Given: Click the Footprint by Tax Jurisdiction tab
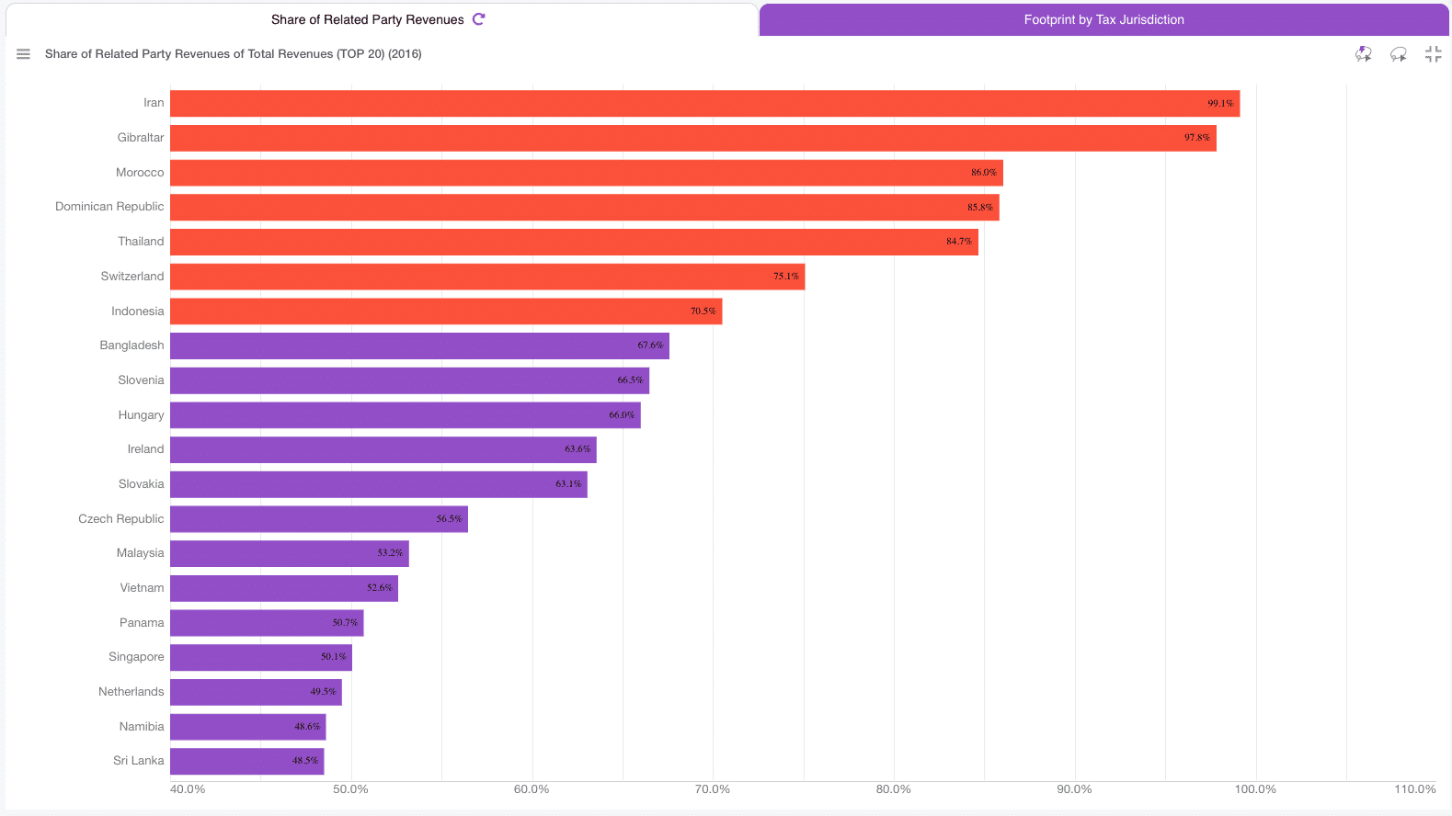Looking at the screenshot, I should [x=1103, y=19].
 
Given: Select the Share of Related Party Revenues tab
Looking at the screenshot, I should [x=367, y=19].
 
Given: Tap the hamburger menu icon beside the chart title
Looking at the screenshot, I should [x=24, y=54].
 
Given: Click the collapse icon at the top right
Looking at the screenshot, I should [x=1433, y=54].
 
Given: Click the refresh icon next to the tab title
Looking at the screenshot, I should [x=478, y=19].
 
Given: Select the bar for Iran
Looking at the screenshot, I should [x=644, y=104].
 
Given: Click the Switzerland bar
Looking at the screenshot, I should [x=460, y=277].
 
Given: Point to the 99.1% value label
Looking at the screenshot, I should [x=1220, y=104].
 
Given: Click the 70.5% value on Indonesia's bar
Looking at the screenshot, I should [x=703, y=312].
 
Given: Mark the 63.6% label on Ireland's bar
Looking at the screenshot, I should [x=577, y=449].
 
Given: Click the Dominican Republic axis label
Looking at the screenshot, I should [x=109, y=207].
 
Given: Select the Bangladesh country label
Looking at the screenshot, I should [x=131, y=346].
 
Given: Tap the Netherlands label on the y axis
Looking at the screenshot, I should [x=131, y=692].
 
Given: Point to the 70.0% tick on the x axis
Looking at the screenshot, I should [x=712, y=789].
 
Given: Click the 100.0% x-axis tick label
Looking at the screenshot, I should [x=1255, y=789].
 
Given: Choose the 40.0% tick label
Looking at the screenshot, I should [x=188, y=789].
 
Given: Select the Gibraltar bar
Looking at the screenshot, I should [x=644, y=138].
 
